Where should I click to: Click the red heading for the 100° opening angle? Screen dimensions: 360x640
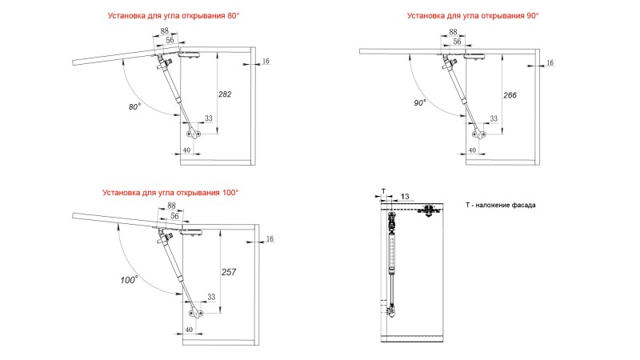[170, 193]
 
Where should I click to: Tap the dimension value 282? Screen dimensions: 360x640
[225, 94]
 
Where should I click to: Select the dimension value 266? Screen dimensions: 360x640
[510, 95]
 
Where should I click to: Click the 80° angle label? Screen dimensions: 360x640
[134, 106]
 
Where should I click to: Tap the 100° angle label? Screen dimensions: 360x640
[129, 279]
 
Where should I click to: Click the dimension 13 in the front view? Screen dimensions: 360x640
[406, 196]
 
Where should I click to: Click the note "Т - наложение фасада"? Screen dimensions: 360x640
[501, 206]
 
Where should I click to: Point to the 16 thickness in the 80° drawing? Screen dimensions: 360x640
[266, 62]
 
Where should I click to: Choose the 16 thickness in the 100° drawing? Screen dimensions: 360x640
[270, 238]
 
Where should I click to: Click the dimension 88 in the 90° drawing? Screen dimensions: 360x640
[455, 33]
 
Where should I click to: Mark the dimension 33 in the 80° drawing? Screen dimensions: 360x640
[209, 118]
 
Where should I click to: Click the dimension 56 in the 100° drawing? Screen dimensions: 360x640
[175, 216]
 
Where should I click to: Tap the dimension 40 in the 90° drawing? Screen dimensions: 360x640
[472, 150]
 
